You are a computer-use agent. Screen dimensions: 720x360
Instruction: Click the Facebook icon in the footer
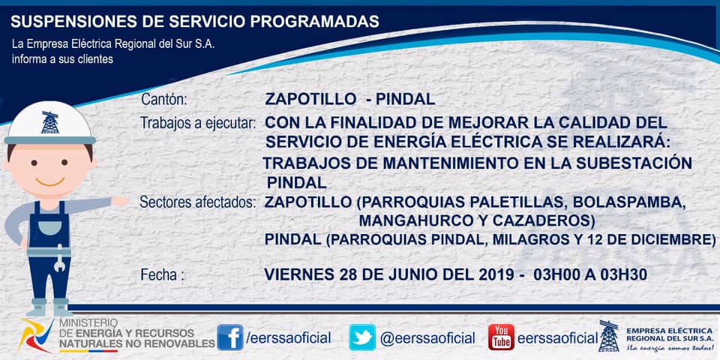click(230, 337)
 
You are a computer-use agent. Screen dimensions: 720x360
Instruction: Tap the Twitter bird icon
click(362, 337)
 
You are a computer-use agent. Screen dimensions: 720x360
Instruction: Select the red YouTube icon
click(501, 337)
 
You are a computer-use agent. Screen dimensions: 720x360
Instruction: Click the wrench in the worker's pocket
click(58, 260)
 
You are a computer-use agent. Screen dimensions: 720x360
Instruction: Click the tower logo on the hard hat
click(50, 122)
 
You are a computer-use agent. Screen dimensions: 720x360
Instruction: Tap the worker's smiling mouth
click(50, 182)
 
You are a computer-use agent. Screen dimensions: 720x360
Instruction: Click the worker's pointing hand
click(119, 201)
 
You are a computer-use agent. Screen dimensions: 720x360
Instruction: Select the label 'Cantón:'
click(164, 99)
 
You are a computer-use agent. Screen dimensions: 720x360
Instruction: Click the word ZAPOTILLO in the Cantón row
click(310, 99)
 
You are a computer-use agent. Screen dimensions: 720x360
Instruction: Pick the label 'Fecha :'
click(163, 275)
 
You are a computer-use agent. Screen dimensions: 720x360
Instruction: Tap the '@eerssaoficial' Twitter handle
click(427, 338)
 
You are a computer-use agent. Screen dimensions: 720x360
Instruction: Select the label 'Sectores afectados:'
click(198, 202)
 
